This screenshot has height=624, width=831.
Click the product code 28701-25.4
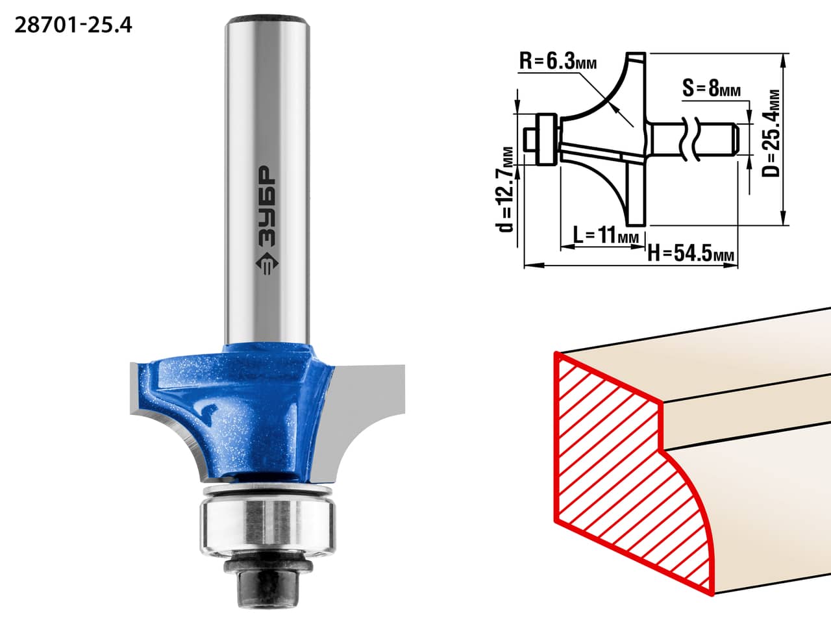73,26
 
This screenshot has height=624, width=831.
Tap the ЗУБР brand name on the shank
267,206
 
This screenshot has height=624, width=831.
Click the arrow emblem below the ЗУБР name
267,264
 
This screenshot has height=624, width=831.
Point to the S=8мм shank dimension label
712,88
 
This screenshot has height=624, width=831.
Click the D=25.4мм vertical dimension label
771,133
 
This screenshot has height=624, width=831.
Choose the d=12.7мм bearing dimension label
504,190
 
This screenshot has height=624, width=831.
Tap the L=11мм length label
606,236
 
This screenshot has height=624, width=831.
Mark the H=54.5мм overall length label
691,253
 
